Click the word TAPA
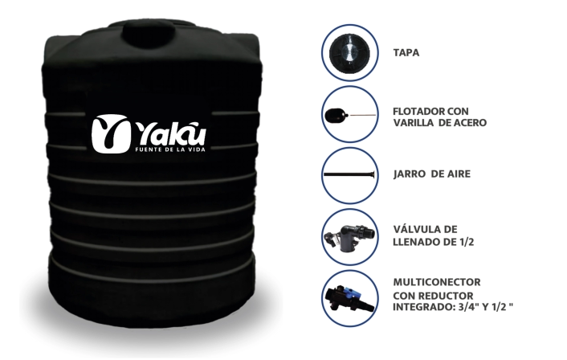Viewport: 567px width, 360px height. click(406, 53)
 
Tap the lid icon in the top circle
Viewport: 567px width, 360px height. click(349, 53)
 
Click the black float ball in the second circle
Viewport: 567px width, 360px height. click(336, 115)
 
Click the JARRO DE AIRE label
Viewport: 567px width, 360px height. click(432, 174)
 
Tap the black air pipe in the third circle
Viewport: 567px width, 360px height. click(349, 174)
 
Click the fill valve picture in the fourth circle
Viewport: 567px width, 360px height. click(349, 237)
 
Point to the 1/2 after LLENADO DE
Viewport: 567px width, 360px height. click(466, 242)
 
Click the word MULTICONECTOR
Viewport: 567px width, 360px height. click(437, 282)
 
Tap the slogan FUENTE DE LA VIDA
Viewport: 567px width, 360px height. click(170, 149)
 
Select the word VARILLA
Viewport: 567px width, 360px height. click(414, 123)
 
